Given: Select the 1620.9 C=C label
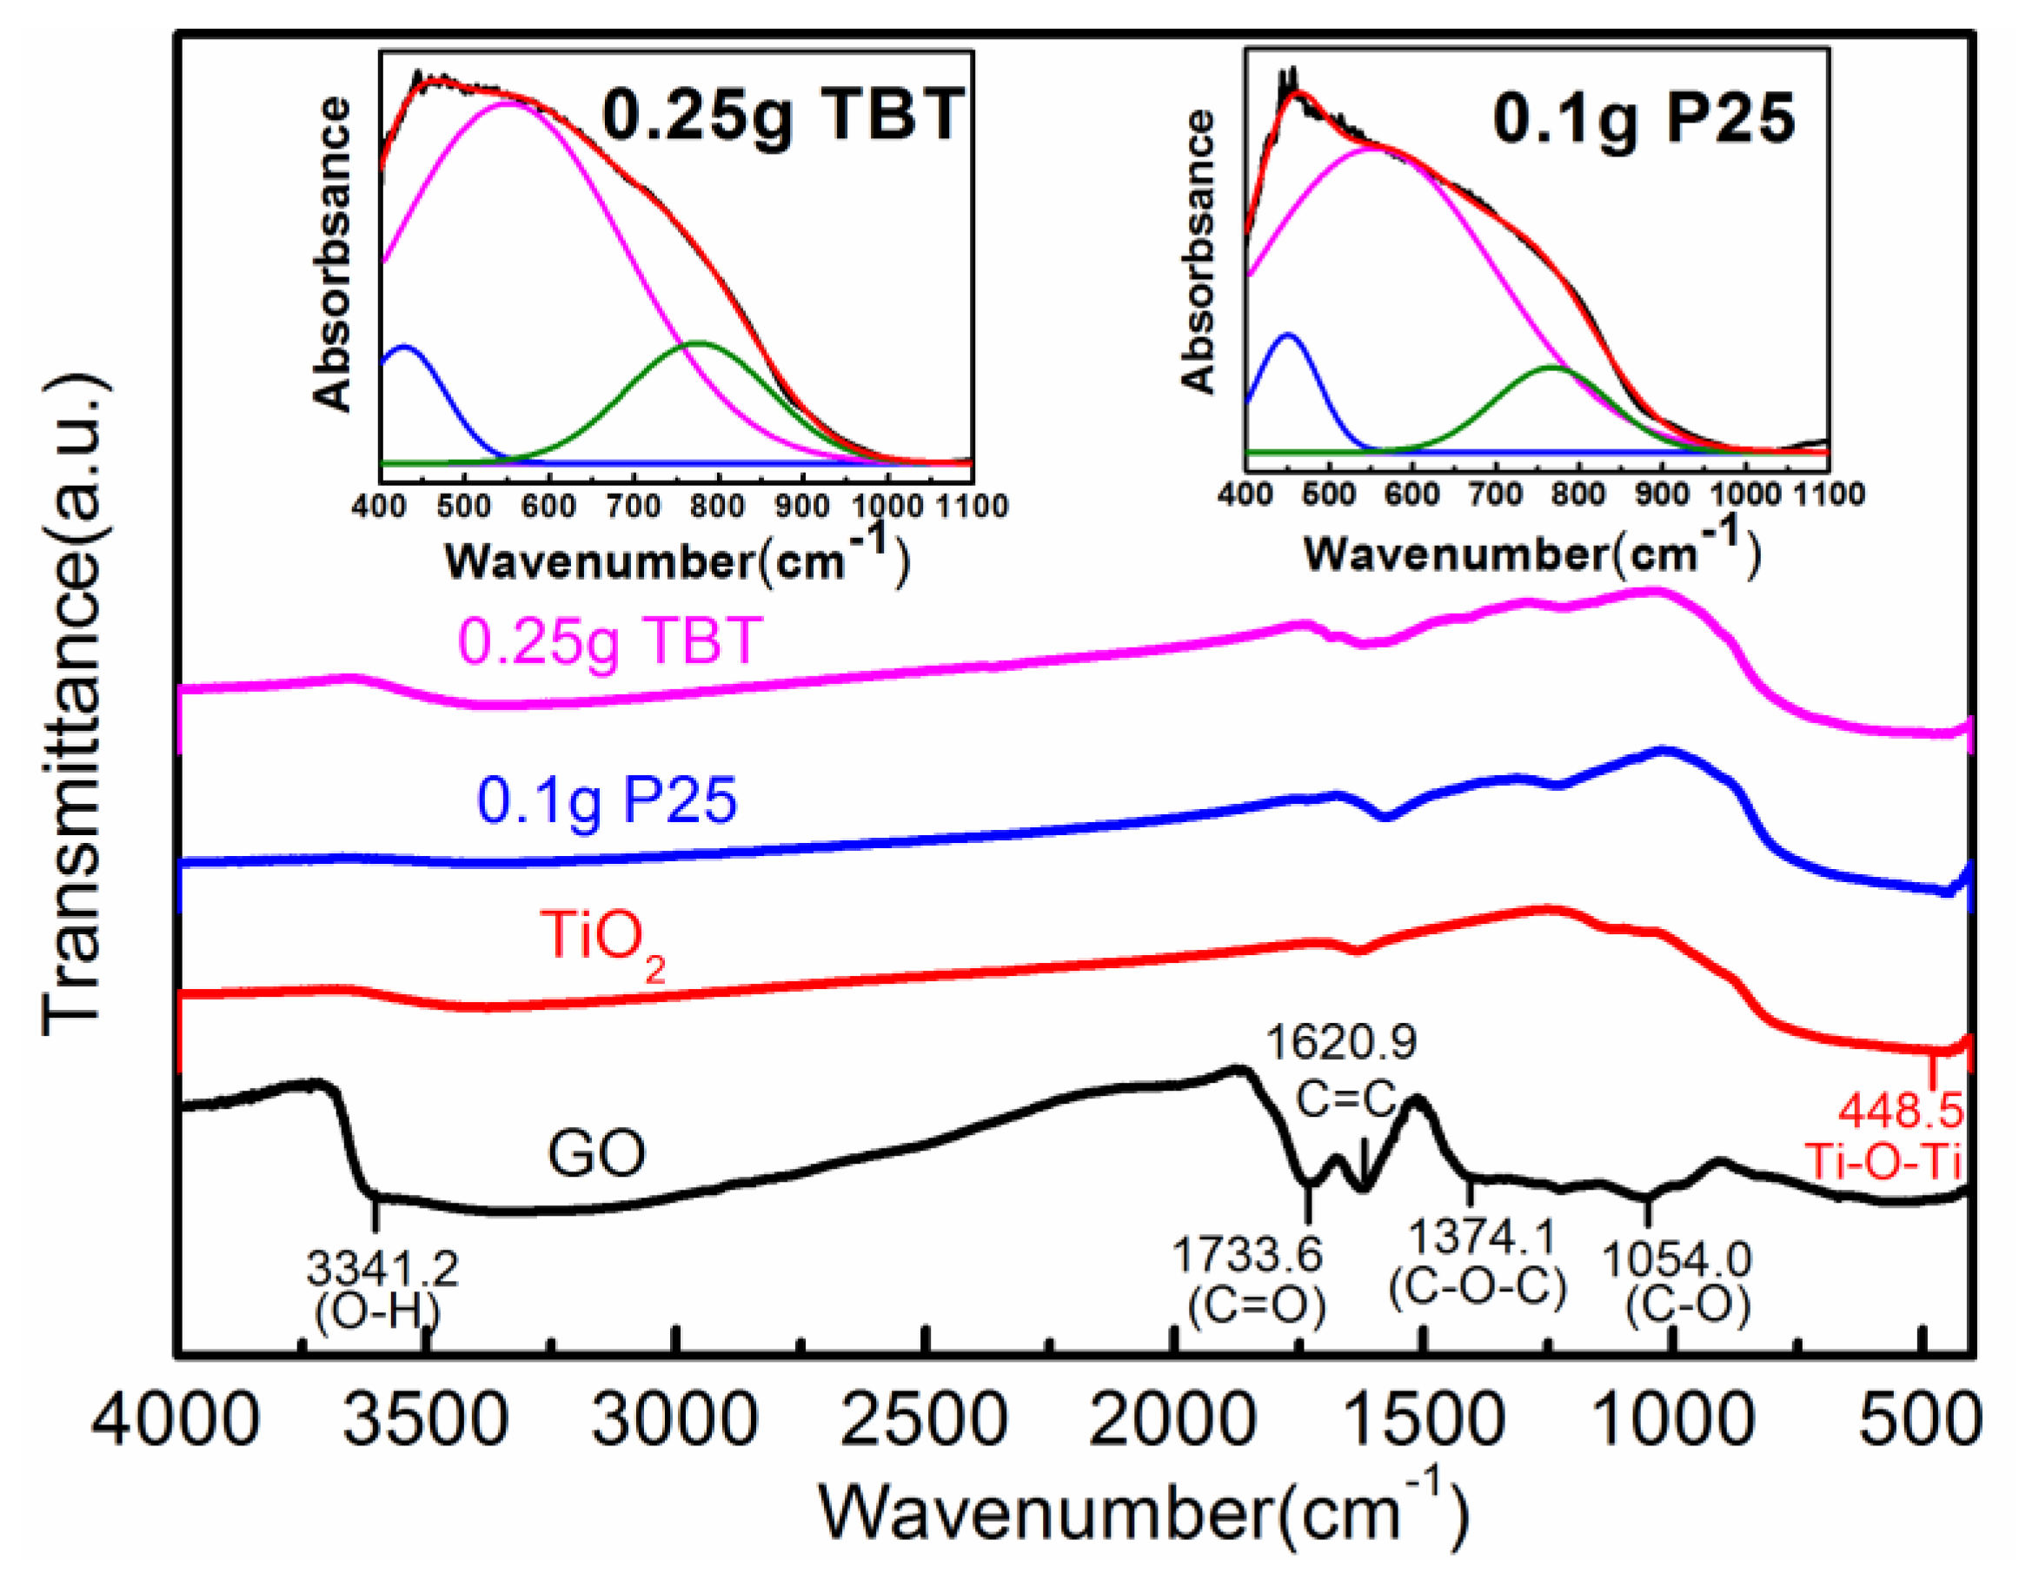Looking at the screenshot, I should click(x=1340, y=1068).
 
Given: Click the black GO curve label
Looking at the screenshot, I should click(x=596, y=1154).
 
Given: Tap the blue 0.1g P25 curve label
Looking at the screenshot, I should click(x=606, y=800).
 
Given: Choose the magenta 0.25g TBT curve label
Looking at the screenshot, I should click(x=611, y=641).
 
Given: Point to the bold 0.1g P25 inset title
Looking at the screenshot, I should click(x=1644, y=119).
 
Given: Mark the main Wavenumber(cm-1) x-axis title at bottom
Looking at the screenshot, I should click(x=1142, y=1511).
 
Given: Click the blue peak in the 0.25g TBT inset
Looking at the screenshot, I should click(x=404, y=347).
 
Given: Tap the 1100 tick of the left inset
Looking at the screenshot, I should click(x=973, y=506).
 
